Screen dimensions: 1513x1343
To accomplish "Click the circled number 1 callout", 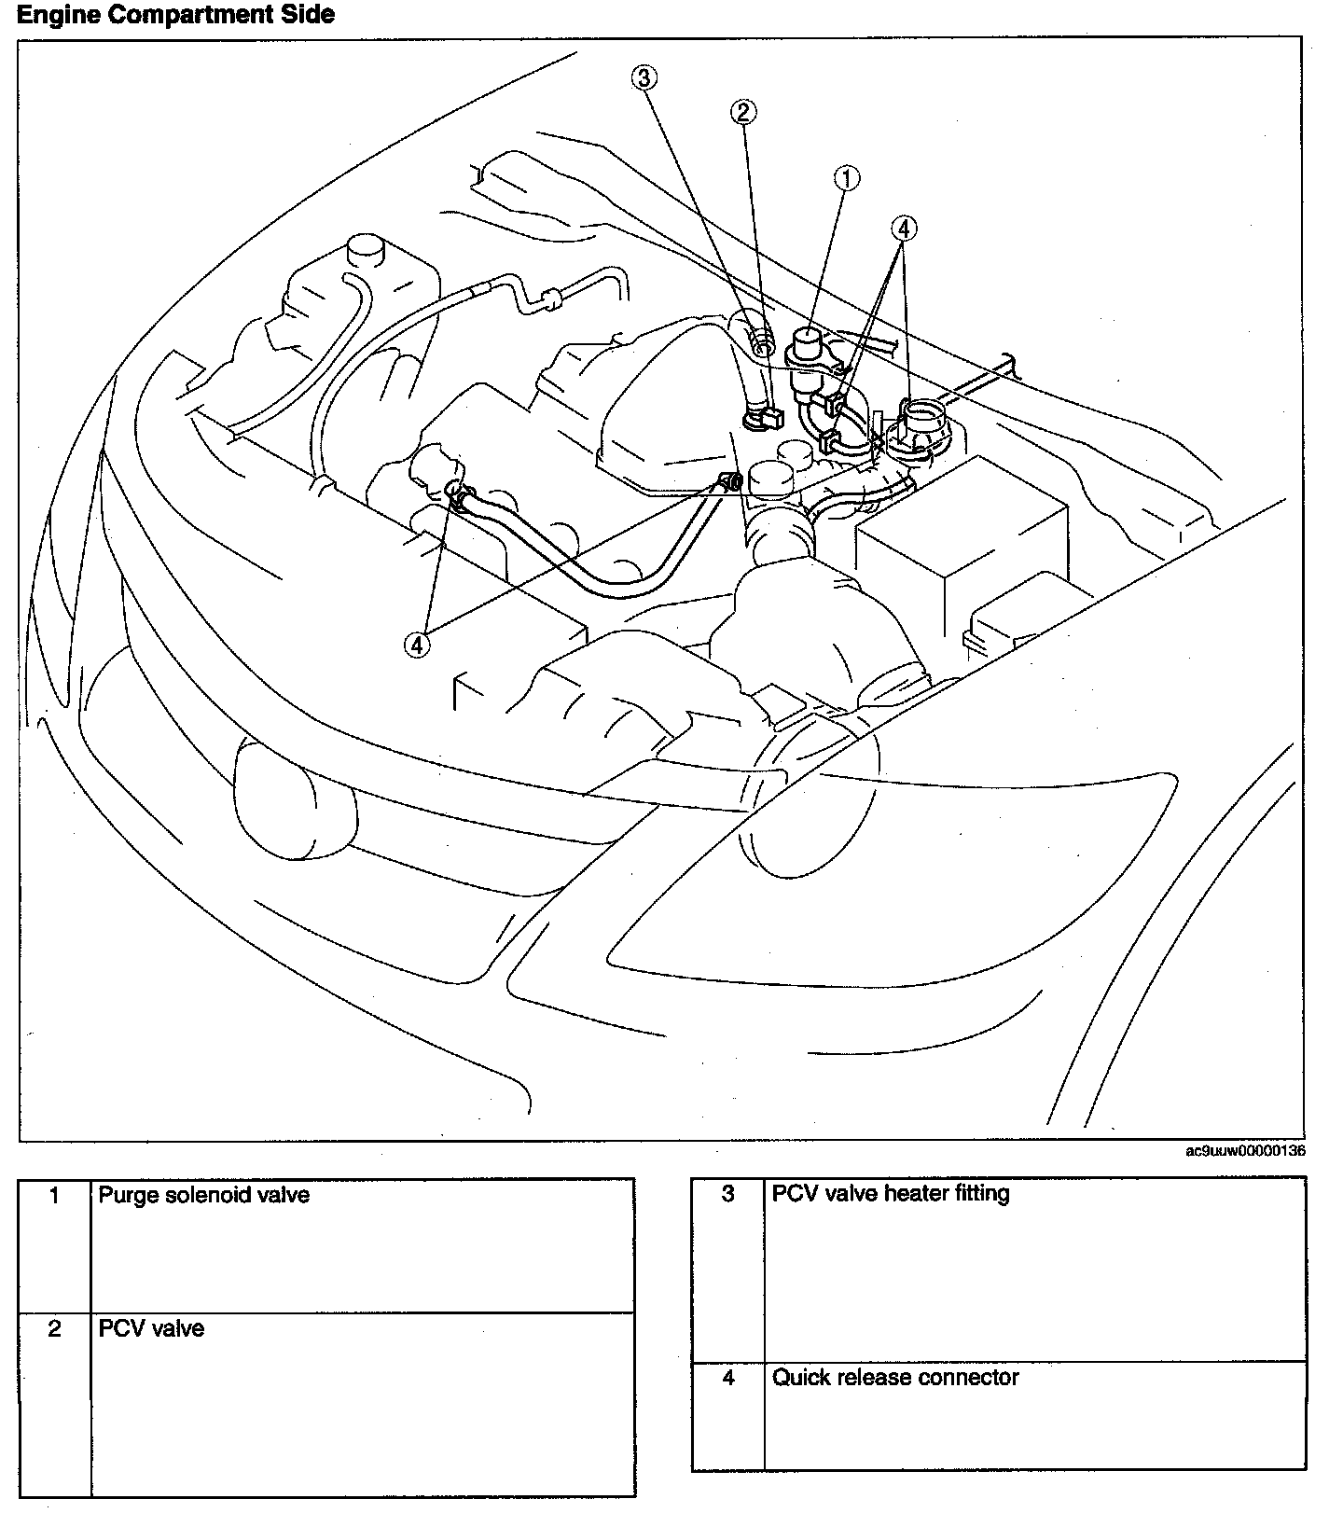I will coord(846,178).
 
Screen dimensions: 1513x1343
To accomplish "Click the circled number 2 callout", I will coord(743,113).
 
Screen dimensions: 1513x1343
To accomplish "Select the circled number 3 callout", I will coord(644,77).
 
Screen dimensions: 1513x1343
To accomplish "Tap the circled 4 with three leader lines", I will coord(904,228).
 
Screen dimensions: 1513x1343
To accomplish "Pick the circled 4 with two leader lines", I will coord(417,644).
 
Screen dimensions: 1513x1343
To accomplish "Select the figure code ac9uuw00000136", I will coord(1244,1150).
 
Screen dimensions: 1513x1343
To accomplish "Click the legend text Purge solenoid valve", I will coord(204,1195).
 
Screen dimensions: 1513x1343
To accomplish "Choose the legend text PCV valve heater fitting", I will coord(891,1193).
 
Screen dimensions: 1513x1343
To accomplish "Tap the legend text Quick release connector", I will coord(895,1377).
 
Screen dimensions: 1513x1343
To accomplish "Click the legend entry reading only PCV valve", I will coord(151,1328).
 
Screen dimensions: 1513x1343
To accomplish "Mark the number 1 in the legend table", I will coord(55,1195).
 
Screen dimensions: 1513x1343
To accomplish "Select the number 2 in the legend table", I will coord(55,1328).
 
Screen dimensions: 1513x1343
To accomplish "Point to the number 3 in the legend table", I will coord(728,1193).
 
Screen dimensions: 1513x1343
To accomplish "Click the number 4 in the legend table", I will coord(728,1377).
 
